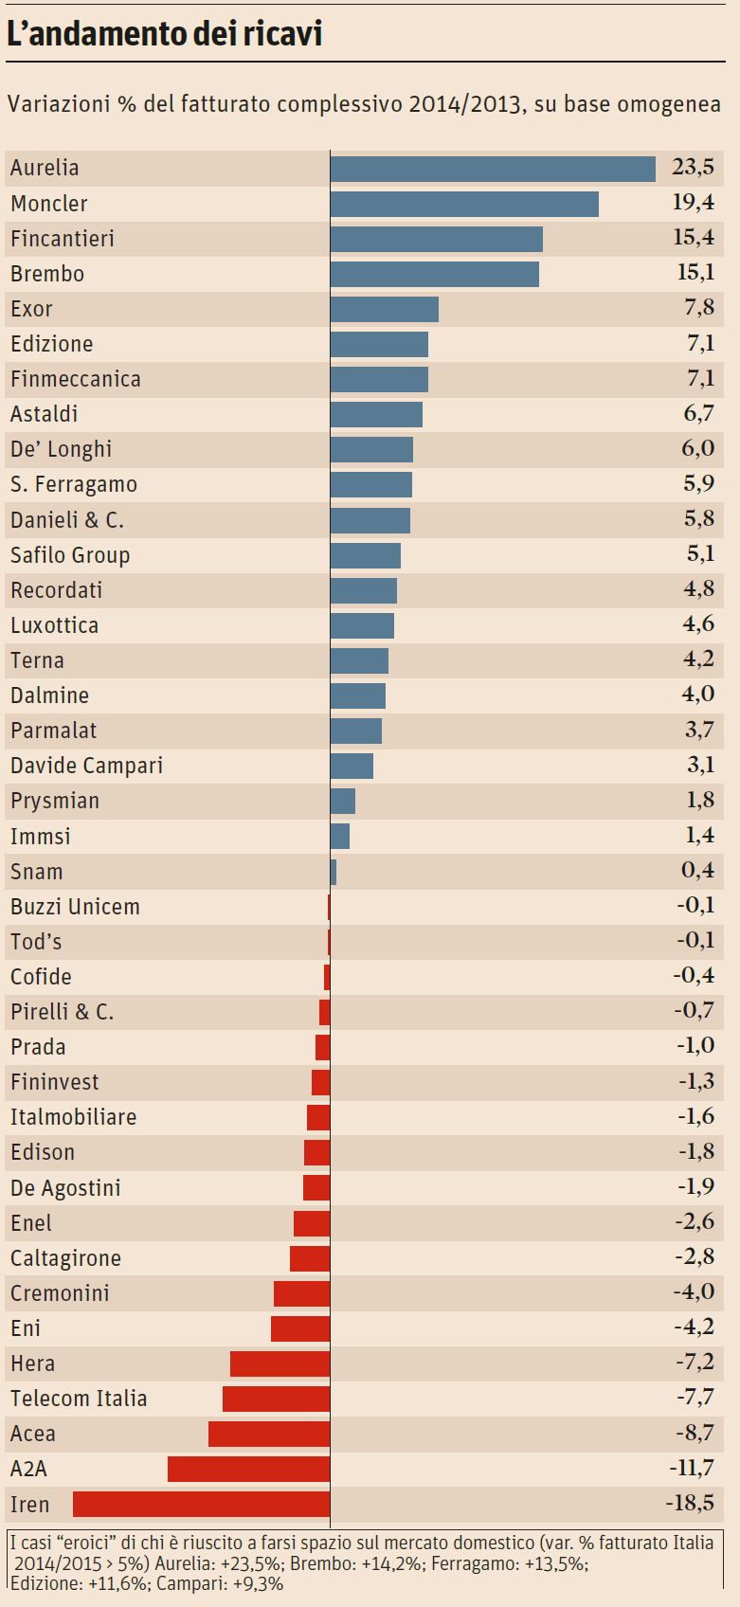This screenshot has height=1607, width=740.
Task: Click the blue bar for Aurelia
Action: (493, 169)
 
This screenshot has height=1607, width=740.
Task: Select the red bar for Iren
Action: (202, 1504)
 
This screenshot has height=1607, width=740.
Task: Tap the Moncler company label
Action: (49, 204)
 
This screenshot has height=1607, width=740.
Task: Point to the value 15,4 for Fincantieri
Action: (694, 238)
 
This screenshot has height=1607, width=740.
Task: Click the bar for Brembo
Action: (435, 274)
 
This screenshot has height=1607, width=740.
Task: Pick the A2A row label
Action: (28, 1469)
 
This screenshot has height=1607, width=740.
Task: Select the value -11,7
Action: (692, 1469)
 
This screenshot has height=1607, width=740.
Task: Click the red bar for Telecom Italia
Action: (277, 1399)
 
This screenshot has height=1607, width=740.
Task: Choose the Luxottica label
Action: (55, 625)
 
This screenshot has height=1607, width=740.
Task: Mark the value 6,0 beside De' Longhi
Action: (698, 448)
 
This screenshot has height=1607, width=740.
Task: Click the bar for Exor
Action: (385, 309)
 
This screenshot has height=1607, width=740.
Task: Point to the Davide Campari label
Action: (87, 766)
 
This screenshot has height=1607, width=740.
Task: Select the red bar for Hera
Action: (280, 1363)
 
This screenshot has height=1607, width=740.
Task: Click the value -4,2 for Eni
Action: (695, 1327)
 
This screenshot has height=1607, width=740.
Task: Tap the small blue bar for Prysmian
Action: (343, 801)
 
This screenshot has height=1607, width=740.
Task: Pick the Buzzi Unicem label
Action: (76, 907)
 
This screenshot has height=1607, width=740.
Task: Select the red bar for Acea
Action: (269, 1434)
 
